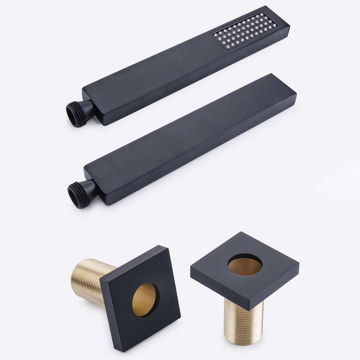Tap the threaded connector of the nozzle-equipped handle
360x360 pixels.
(76, 114)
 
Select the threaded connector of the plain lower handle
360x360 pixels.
(78, 194)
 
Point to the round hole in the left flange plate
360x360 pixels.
(145, 299)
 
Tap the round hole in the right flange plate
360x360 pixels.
(245, 265)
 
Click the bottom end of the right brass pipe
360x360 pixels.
(244, 341)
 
